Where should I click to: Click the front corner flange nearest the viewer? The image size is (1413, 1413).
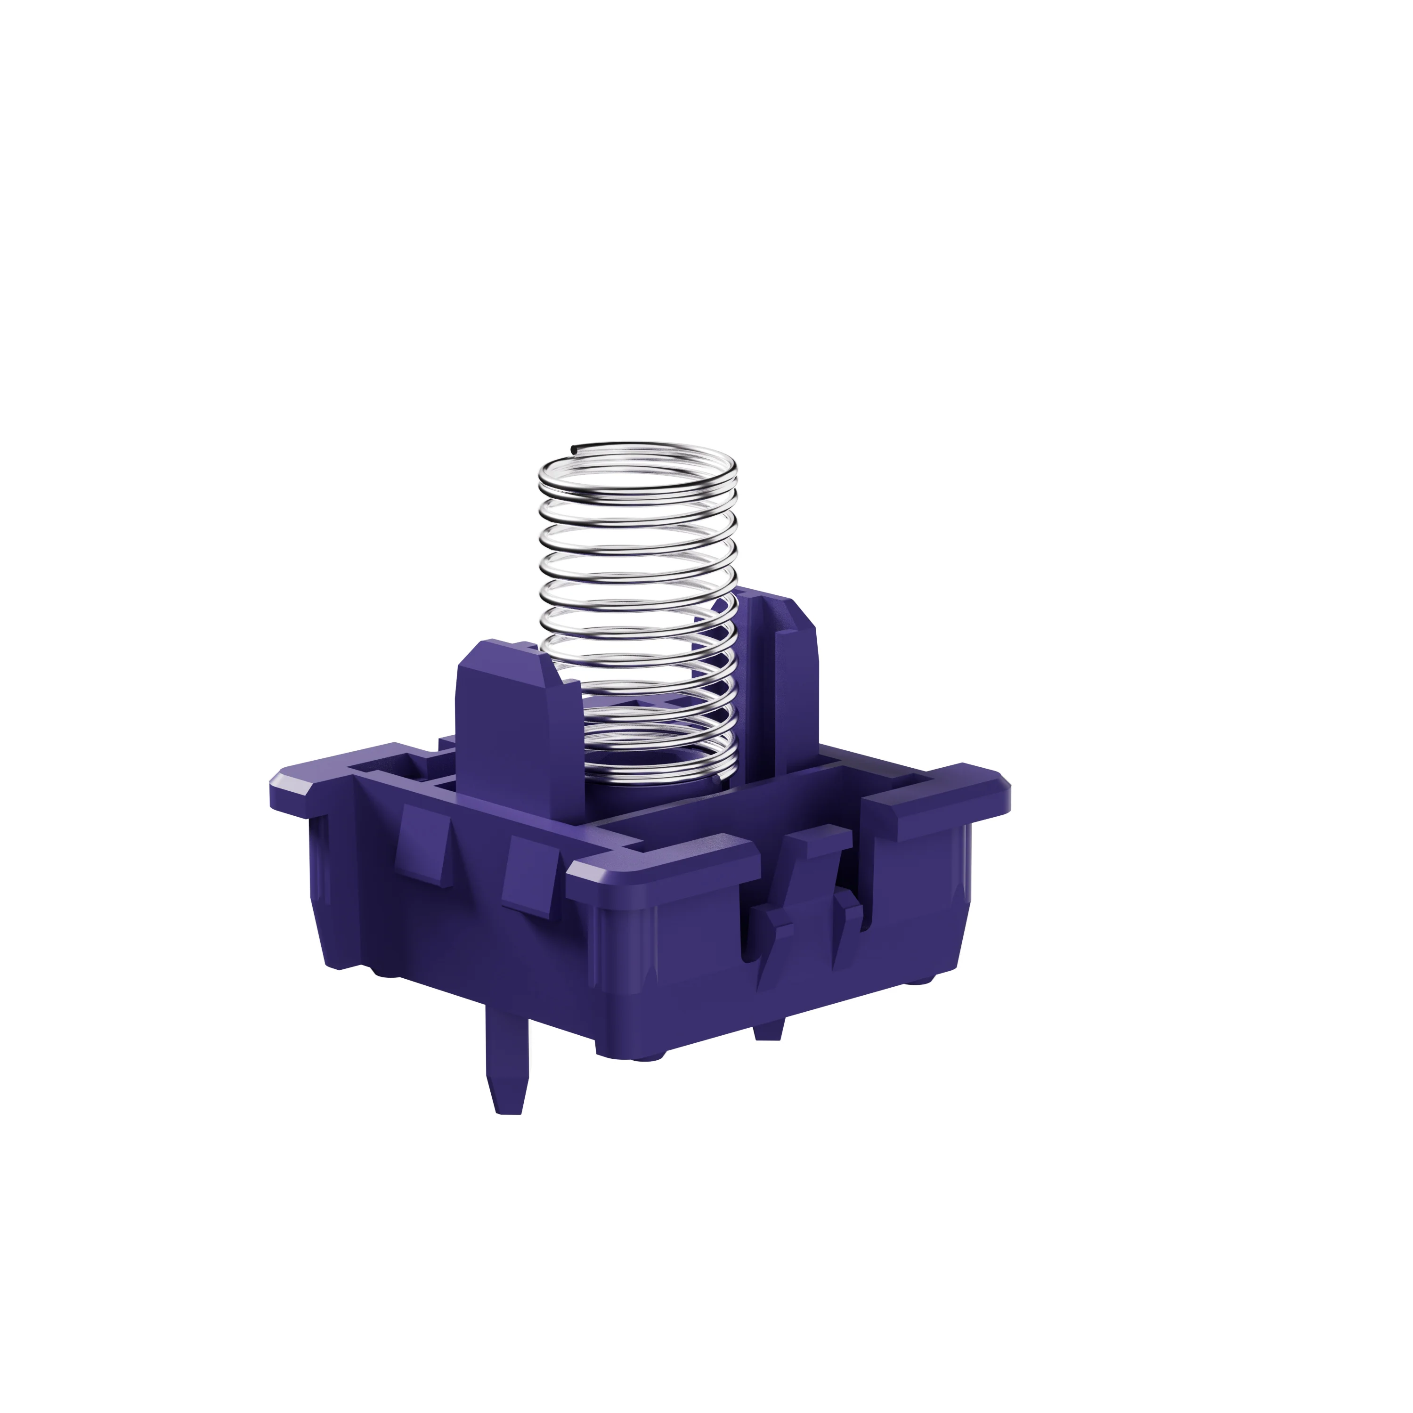(658, 863)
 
